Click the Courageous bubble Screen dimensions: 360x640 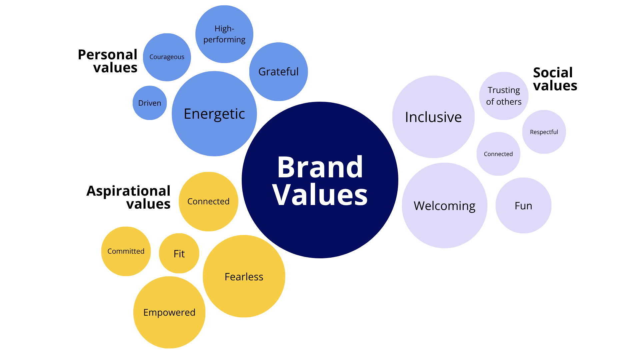coord(167,57)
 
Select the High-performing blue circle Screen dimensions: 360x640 coord(224,34)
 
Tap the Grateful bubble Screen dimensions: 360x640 coord(278,72)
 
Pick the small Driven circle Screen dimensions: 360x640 coord(150,103)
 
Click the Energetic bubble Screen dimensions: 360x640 coord(214,114)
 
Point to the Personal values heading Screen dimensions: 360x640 coord(108,61)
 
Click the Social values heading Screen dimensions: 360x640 coord(555,79)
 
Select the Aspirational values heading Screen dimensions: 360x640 coord(129,197)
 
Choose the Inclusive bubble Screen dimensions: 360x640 coord(433,117)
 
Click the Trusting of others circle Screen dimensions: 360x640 coord(504,96)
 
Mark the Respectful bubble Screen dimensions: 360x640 coord(544,132)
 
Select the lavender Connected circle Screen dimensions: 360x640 coord(498,154)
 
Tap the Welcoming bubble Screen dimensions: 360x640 coord(444,206)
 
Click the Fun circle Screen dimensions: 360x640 coord(523,206)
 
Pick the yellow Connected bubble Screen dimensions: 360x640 coord(208,201)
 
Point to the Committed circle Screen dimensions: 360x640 coord(126,251)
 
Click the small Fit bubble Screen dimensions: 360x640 coord(179,254)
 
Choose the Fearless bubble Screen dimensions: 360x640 coord(244,277)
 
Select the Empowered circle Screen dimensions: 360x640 coord(169,312)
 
